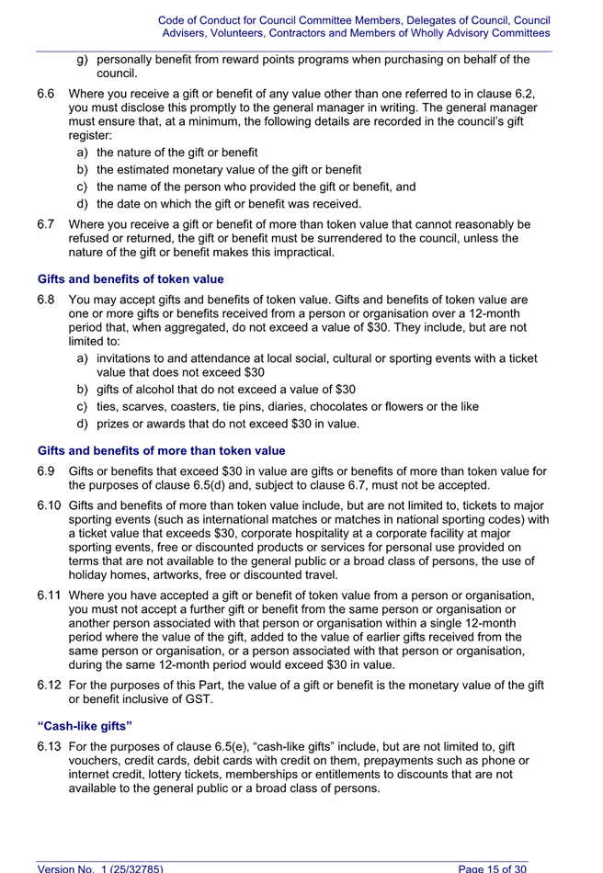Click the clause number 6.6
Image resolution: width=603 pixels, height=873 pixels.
pyautogui.click(x=46, y=93)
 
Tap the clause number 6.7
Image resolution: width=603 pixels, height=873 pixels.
pyautogui.click(x=46, y=223)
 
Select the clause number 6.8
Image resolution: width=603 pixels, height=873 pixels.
pyautogui.click(x=46, y=300)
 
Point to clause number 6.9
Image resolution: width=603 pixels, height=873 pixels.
pyautogui.click(x=46, y=471)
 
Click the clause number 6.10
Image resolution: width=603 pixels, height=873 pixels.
pyautogui.click(x=50, y=505)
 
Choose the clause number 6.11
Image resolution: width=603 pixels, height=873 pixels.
pyautogui.click(x=50, y=595)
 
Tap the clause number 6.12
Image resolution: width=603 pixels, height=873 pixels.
pyautogui.click(x=50, y=685)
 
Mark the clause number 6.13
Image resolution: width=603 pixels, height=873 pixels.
pyautogui.click(x=50, y=746)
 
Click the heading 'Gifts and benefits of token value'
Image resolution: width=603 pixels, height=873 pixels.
pyautogui.click(x=131, y=279)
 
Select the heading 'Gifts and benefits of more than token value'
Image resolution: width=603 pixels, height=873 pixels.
pyautogui.click(x=161, y=451)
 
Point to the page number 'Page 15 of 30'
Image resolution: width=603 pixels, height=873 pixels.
pyautogui.click(x=493, y=867)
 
